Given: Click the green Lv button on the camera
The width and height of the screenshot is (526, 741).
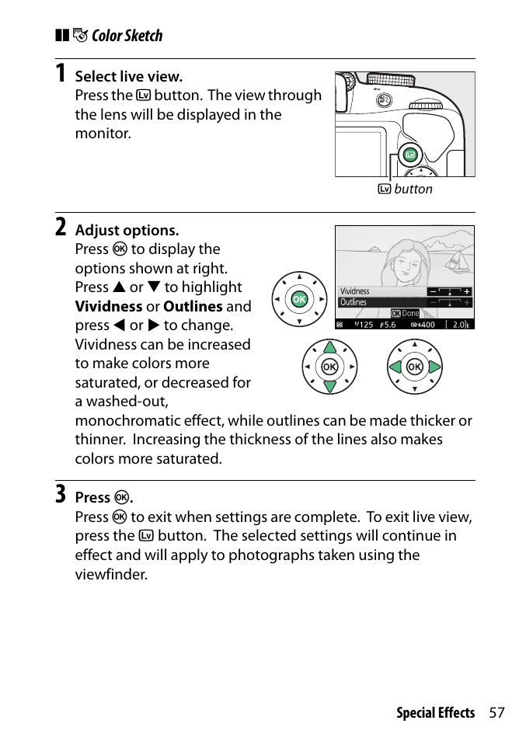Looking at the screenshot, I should point(410,155).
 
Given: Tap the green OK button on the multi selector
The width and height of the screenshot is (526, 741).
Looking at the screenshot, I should point(298,300).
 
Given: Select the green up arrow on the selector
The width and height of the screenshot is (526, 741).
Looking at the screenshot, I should point(329,347).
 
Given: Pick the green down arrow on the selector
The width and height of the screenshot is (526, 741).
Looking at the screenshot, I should point(329,385).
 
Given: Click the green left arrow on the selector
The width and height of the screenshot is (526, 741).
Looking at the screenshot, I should point(396,367).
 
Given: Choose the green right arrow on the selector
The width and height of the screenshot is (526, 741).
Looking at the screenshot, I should point(434,367).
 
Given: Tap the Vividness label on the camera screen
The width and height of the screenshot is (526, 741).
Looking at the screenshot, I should point(355,291).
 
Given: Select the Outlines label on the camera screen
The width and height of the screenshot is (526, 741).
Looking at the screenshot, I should point(354,302).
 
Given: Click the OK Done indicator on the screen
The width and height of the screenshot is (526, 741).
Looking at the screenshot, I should point(405,314).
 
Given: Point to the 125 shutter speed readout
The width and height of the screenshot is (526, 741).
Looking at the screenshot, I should point(364,325).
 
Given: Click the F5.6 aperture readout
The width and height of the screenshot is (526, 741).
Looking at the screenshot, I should point(389,325).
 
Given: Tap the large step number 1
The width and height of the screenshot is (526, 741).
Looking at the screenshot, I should point(60,75).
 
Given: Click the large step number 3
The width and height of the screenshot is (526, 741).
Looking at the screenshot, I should point(60,495).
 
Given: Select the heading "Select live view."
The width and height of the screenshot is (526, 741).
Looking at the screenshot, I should point(128,76).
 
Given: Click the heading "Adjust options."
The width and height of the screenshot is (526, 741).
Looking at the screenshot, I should point(127,230).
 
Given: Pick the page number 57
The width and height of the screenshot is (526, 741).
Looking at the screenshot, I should point(497,713).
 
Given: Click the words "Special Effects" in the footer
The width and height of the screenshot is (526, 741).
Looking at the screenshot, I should point(435,713).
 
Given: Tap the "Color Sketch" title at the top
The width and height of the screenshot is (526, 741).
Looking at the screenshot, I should point(127,36).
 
